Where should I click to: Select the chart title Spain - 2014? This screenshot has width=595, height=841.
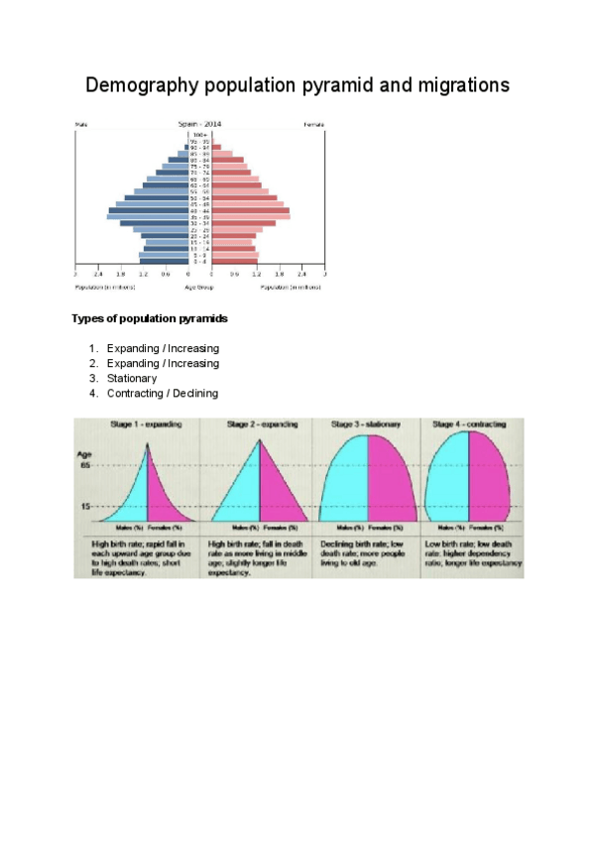click(199, 124)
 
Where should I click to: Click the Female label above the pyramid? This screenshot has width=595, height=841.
click(313, 124)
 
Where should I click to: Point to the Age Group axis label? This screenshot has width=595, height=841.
click(199, 287)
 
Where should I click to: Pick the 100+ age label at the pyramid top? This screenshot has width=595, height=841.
click(199, 133)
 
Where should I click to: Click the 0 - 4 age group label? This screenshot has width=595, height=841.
click(199, 262)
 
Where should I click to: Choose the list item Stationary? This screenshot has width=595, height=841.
click(132, 378)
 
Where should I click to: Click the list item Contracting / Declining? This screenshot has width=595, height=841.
click(163, 393)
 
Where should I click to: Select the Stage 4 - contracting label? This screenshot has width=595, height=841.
click(467, 424)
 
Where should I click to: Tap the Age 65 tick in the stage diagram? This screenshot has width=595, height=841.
click(85, 465)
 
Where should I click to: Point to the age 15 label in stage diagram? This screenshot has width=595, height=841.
click(86, 507)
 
